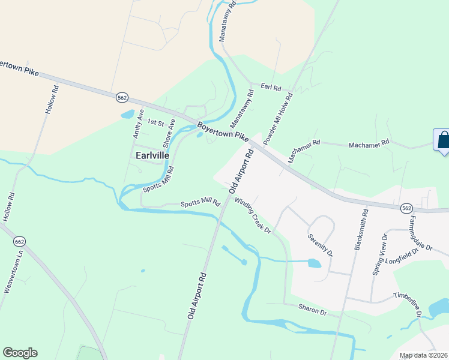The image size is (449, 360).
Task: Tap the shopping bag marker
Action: click(442, 140)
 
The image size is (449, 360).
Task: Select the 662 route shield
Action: click(19, 241)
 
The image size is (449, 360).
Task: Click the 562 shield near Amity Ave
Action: click(122, 97)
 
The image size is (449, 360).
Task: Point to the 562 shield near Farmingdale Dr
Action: click(406, 208)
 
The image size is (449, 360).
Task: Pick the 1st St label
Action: click(155, 122)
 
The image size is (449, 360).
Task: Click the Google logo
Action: click(20, 353)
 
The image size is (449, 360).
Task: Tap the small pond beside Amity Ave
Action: click(127, 114)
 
